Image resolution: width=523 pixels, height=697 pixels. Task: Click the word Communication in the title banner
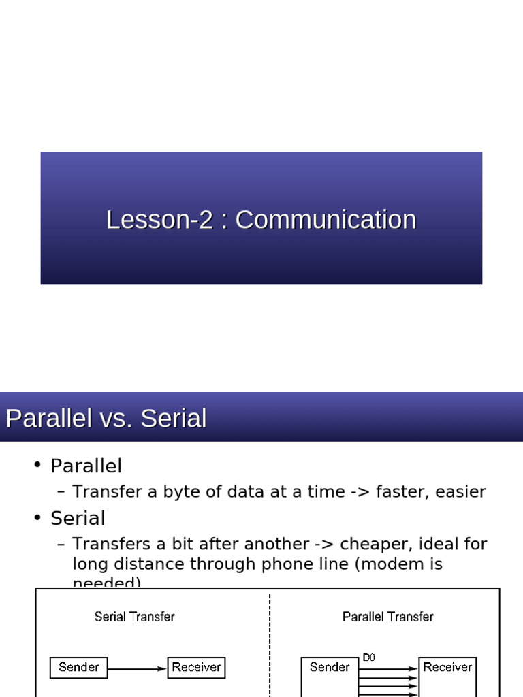pos(326,220)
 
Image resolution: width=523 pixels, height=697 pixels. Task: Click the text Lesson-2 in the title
pos(159,220)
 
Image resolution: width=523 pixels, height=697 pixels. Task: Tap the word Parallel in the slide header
pos(48,418)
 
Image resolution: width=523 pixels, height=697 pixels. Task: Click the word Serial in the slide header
pos(173,418)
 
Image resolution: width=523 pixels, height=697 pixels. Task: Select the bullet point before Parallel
pos(37,465)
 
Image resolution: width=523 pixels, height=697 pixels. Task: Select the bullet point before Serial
pos(37,517)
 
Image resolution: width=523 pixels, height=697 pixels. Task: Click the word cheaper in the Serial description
pos(375,544)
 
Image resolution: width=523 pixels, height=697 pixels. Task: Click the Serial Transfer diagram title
pos(134,617)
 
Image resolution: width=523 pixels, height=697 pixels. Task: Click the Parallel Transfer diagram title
pos(387,617)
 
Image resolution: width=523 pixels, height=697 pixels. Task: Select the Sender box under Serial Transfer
pos(79,667)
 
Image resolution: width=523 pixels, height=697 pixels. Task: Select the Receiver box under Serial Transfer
pos(196,667)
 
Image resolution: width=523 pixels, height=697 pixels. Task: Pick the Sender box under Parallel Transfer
pos(330,668)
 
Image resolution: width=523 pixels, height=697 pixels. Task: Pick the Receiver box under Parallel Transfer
pos(447,668)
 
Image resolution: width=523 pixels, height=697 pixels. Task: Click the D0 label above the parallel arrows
pos(368,658)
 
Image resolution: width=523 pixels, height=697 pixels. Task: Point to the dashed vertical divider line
pos(270,640)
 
